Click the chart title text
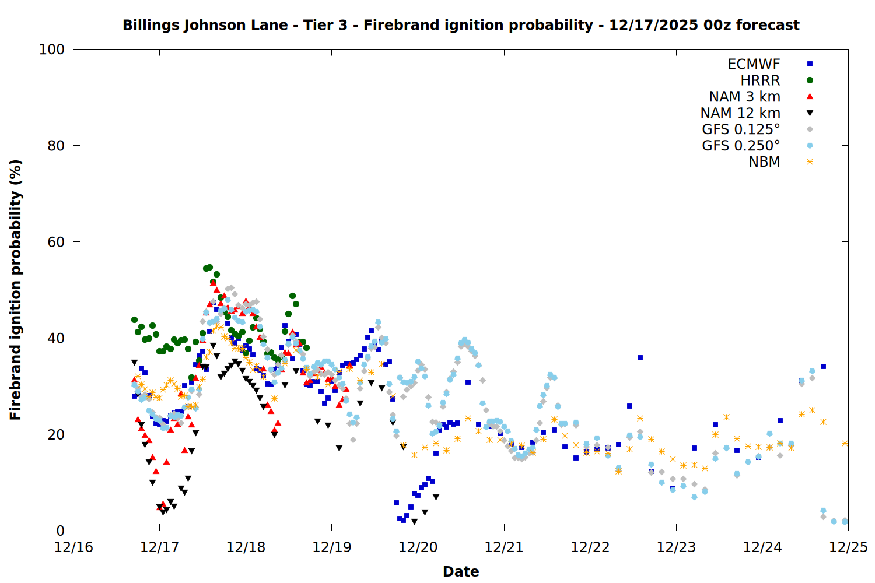(x=461, y=25)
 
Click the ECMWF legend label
(x=754, y=64)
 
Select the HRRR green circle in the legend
(x=810, y=80)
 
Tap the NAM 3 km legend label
(x=744, y=97)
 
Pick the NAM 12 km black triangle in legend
(x=810, y=113)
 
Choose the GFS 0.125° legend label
(x=741, y=129)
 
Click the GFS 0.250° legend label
(x=741, y=146)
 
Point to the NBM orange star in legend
(x=810, y=162)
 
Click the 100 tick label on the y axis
(x=52, y=50)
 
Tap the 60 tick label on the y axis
(x=55, y=242)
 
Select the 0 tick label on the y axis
(x=60, y=531)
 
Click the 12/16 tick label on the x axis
(x=73, y=547)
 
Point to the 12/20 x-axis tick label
(x=418, y=547)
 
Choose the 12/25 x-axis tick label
(x=848, y=547)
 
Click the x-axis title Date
(x=461, y=571)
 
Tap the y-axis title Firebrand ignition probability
(x=16, y=290)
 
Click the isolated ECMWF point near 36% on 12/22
(x=640, y=357)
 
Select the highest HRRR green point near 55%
(x=209, y=267)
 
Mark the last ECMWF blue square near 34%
(x=823, y=366)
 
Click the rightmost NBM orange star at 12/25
(x=845, y=443)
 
